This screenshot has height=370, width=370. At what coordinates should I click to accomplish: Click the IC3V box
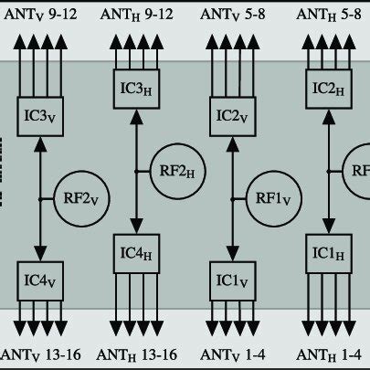pyautogui.click(x=41, y=118)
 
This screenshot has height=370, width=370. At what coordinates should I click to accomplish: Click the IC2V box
pyautogui.click(x=233, y=118)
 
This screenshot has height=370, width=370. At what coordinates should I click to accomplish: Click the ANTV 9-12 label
pyautogui.click(x=41, y=15)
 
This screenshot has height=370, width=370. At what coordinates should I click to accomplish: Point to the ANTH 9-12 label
pyautogui.click(x=137, y=15)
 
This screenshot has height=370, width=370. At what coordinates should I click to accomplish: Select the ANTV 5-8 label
pyautogui.click(x=233, y=15)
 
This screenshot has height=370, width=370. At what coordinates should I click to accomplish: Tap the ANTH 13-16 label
pyautogui.click(x=137, y=354)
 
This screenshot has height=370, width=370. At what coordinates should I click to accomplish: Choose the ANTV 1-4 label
pyautogui.click(x=233, y=354)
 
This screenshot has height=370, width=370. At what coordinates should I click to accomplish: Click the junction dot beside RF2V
pyautogui.click(x=41, y=196)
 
